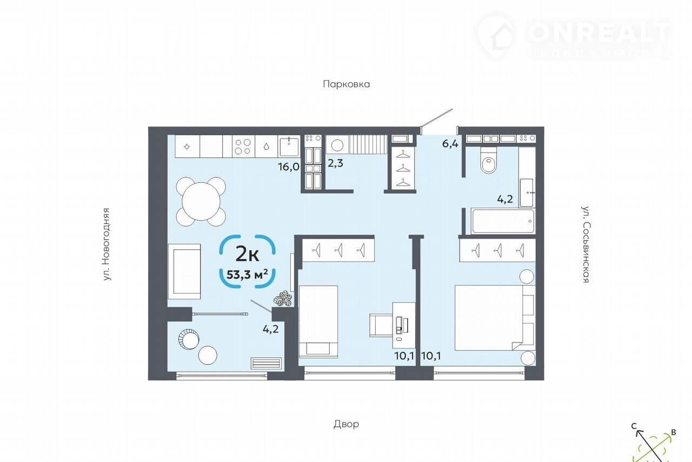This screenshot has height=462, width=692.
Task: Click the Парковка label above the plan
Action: (x=347, y=84)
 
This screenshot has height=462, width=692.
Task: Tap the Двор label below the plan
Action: (x=347, y=424)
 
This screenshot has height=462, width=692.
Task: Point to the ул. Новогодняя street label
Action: (x=107, y=245)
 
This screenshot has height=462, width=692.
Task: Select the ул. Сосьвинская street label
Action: (x=585, y=245)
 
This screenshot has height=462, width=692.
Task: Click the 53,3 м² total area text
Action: (x=247, y=274)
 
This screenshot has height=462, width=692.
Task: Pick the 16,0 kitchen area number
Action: (x=289, y=167)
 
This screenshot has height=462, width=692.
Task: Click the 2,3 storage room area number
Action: (x=335, y=163)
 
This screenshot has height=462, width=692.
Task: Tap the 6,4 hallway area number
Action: (x=450, y=144)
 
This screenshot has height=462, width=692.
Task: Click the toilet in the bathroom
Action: (x=488, y=160)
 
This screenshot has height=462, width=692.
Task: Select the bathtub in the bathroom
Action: (x=503, y=221)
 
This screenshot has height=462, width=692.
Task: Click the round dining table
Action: (x=201, y=202)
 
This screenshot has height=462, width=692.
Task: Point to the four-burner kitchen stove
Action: (x=243, y=147)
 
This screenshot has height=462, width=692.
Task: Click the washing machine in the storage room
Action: (x=337, y=144)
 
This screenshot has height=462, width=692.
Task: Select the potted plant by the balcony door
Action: (x=283, y=299)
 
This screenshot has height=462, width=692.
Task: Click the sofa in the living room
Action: (x=184, y=272)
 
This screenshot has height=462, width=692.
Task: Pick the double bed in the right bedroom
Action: (x=495, y=318)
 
